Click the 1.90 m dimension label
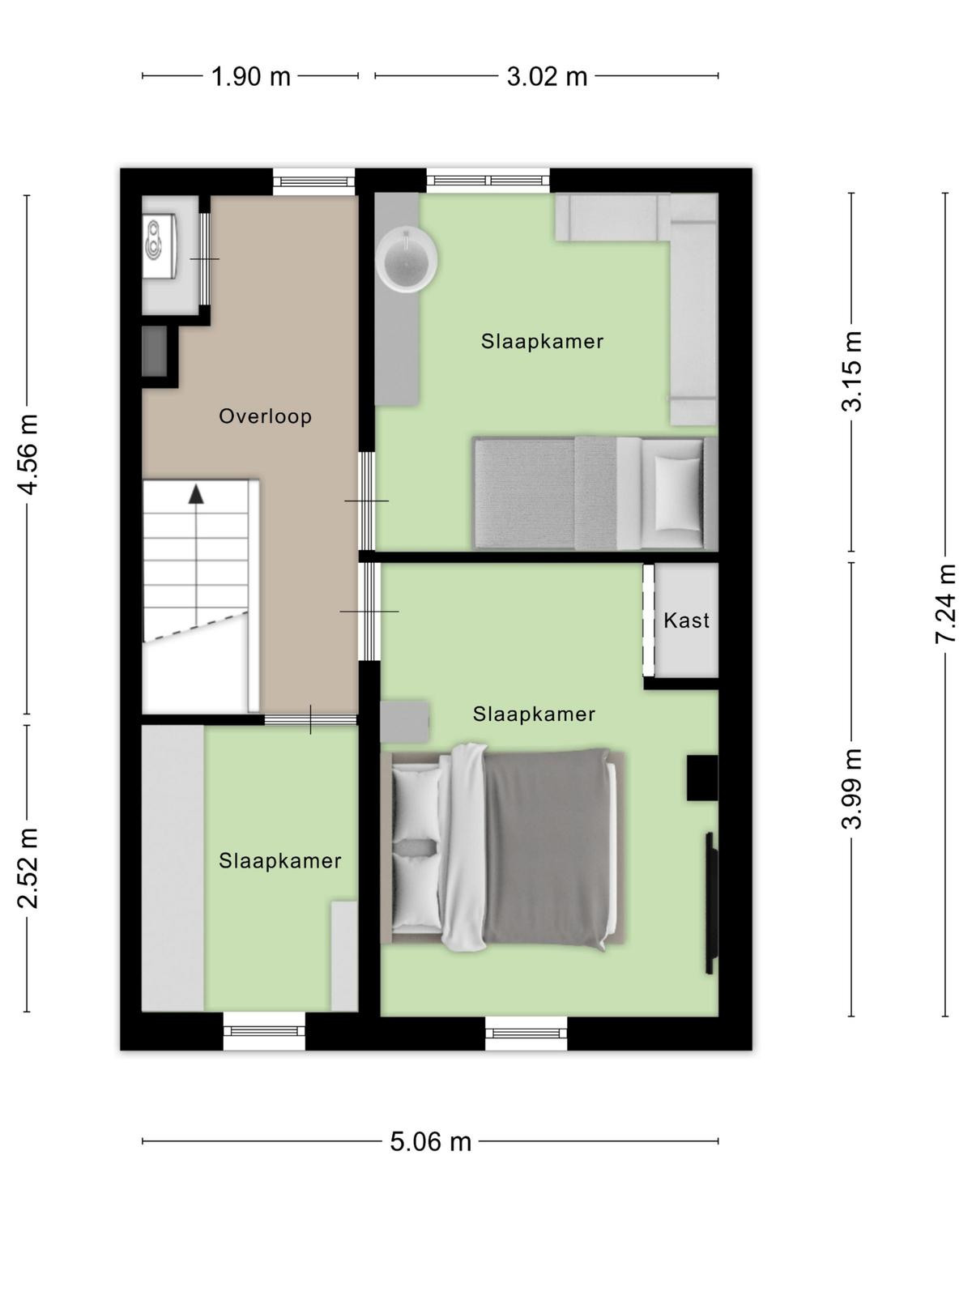[251, 77]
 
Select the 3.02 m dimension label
[547, 77]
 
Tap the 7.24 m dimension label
[944, 603]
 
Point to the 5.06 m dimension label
[431, 1141]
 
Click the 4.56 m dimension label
[28, 454]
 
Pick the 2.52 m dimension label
[28, 868]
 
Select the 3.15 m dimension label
[851, 371]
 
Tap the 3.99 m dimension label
[851, 790]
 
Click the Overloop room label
[265, 416]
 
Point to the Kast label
[686, 620]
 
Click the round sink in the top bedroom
[407, 259]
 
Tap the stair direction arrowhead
[196, 494]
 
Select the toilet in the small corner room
[160, 245]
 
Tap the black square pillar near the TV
[702, 778]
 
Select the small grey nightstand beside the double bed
[404, 721]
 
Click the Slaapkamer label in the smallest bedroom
[279, 861]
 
